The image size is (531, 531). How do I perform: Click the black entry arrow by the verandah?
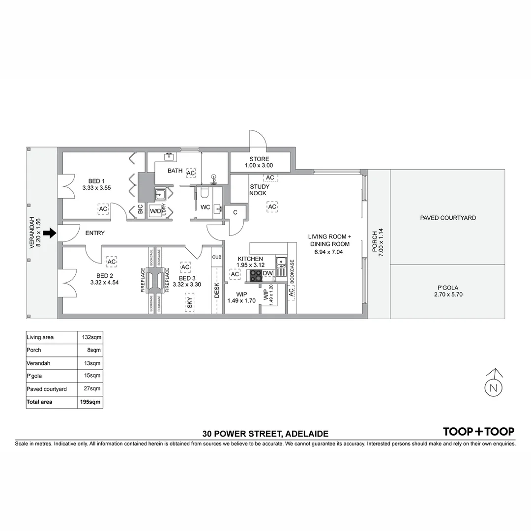point(50,233)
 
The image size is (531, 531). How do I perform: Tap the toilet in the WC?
point(205,192)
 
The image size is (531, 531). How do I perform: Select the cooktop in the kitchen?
point(256,275)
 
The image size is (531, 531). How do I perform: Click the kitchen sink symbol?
point(281,266)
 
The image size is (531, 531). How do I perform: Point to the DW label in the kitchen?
point(267,273)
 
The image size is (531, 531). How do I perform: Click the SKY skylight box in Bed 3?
point(190,302)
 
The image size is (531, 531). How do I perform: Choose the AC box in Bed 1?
point(103,209)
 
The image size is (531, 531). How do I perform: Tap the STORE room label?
point(260,159)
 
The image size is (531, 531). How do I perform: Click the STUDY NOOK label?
point(260,190)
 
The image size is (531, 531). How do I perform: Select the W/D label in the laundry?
point(155,211)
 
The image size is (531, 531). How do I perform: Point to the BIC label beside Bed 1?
point(141,208)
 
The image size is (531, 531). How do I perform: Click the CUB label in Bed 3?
point(217,257)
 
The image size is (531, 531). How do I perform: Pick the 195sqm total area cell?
point(90,402)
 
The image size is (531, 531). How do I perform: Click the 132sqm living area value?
point(91,337)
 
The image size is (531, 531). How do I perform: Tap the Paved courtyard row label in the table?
point(47,389)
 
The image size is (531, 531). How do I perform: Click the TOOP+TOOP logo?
point(478,432)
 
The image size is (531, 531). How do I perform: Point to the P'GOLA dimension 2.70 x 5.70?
point(448,295)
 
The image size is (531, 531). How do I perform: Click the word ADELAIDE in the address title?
point(307,434)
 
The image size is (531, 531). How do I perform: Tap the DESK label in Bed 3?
point(217,291)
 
